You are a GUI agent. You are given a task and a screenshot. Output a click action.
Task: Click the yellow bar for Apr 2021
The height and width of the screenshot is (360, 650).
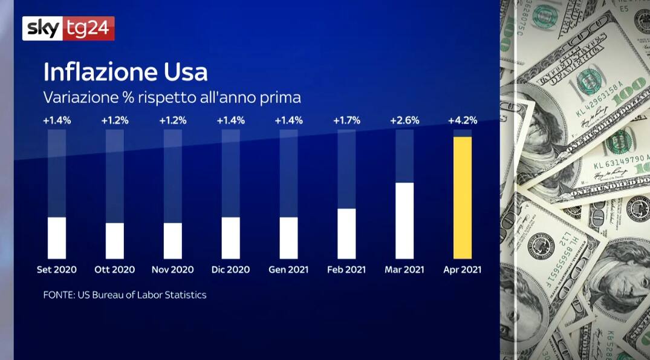463,198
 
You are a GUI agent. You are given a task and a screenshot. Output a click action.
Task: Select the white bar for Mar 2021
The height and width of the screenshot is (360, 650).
405,221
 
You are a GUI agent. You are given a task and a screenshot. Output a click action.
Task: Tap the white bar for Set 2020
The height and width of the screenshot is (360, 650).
57,238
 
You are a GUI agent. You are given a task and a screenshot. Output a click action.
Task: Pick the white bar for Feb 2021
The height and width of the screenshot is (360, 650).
346,234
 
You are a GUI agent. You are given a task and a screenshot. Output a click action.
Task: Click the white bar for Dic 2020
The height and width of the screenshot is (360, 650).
230,238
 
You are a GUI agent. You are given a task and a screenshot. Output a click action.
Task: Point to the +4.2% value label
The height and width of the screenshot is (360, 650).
463,120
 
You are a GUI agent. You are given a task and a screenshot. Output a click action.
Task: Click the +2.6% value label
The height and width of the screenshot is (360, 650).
405,120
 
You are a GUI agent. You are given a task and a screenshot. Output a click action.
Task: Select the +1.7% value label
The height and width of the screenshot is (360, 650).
346,120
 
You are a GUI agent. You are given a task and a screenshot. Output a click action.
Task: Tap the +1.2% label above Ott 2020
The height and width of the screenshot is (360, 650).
115,120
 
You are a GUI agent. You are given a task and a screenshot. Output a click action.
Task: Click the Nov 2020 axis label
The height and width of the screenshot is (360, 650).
172,270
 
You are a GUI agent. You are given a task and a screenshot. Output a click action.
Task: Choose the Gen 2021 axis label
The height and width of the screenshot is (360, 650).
288,270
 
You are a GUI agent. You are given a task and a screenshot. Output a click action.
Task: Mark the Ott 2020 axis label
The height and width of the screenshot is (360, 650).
115,270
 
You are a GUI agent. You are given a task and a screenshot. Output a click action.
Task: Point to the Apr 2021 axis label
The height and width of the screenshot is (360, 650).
463,270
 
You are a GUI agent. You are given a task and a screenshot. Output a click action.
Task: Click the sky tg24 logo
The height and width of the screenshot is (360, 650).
68,28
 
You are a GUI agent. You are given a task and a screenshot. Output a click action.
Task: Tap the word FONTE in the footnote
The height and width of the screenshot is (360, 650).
59,295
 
